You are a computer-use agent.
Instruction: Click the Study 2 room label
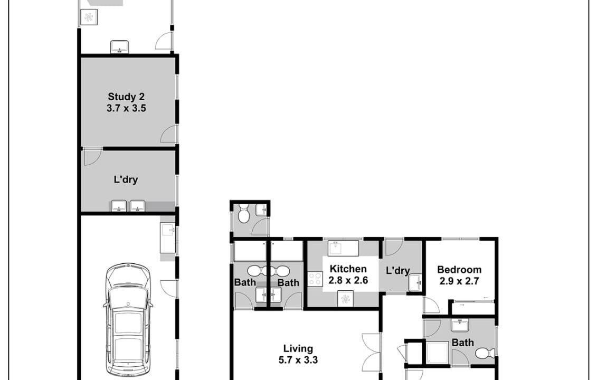click(126, 97)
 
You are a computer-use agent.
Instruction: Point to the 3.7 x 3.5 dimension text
click(126, 108)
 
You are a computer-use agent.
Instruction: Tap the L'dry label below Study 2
click(126, 179)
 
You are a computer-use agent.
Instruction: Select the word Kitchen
click(348, 269)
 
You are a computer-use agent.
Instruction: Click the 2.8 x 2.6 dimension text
click(348, 281)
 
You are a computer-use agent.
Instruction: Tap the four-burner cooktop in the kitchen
click(315, 279)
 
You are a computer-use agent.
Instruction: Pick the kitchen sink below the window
click(343, 248)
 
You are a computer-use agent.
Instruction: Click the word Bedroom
click(459, 270)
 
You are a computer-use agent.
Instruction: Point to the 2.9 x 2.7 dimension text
click(459, 281)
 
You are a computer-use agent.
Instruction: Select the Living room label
click(298, 348)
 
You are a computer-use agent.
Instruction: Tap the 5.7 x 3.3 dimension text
click(298, 360)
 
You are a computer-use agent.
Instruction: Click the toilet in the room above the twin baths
click(243, 213)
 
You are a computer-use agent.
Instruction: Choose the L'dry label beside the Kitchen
click(397, 271)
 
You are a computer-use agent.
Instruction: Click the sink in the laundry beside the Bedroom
click(415, 283)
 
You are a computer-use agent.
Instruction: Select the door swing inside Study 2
click(168, 135)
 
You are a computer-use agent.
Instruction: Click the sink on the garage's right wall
click(167, 239)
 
